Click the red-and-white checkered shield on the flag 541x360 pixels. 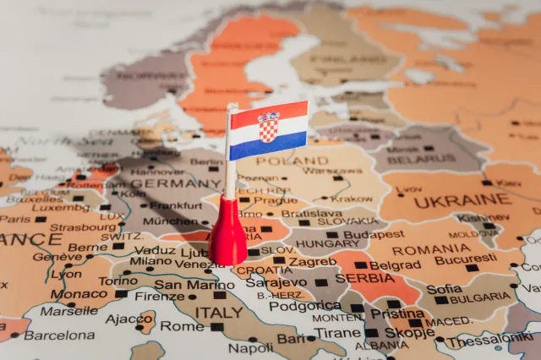(x=268, y=127)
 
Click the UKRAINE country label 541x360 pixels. (x=463, y=199)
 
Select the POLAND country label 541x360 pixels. (x=292, y=161)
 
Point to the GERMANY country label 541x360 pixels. (x=176, y=183)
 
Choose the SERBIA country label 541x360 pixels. (x=365, y=278)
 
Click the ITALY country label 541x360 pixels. (x=219, y=312)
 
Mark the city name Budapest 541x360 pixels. (x=374, y=234)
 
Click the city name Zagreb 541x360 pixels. (x=313, y=262)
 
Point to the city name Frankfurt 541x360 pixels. (x=176, y=205)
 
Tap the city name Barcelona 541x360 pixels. (x=58, y=335)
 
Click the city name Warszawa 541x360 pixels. (x=331, y=170)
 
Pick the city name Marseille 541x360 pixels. (x=68, y=310)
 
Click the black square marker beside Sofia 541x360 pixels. (x=442, y=300)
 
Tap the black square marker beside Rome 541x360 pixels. (x=217, y=327)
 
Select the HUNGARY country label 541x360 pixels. (x=326, y=243)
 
